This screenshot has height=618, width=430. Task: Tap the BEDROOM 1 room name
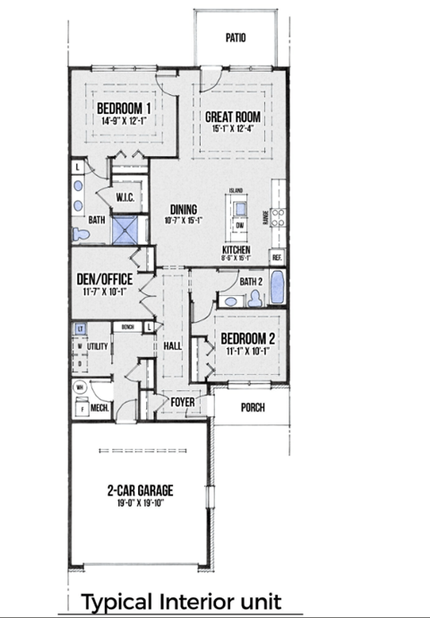point(124,109)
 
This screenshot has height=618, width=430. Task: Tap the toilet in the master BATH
point(82,233)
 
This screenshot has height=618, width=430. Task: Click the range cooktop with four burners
point(278,215)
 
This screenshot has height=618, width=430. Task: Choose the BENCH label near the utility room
point(128,327)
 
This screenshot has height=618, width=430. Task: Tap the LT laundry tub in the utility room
point(80,328)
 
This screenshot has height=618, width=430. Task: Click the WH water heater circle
point(81,387)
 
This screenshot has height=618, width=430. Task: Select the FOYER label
point(183,402)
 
